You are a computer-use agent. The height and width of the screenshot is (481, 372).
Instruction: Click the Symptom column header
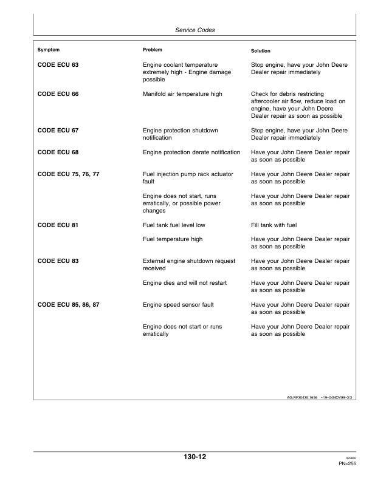click(49, 49)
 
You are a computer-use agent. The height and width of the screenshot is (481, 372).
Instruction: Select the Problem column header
click(152, 49)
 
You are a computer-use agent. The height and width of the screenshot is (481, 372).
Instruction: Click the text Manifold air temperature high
click(182, 94)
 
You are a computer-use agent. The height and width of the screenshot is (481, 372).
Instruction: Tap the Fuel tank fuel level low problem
click(174, 225)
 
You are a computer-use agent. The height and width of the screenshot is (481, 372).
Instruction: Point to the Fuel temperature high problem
click(172, 239)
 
